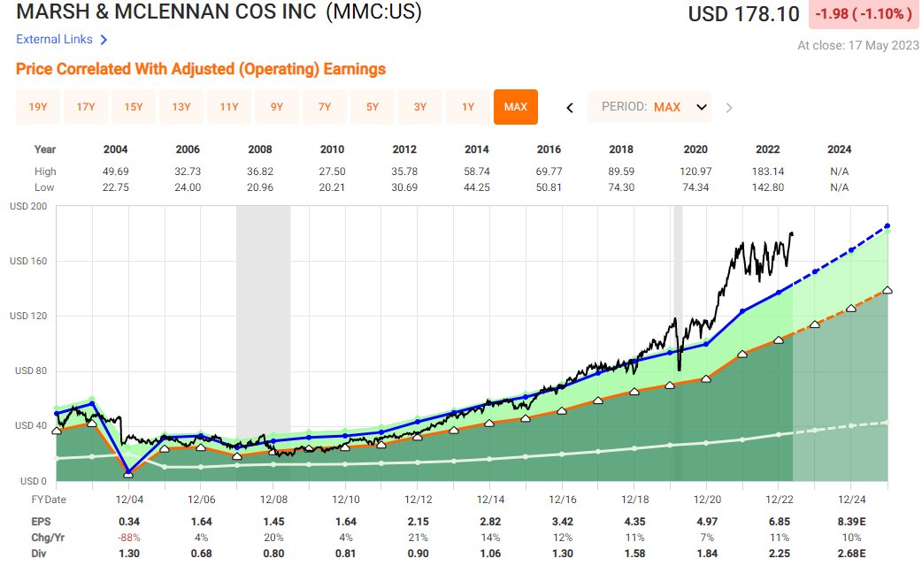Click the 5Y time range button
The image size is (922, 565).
[x=373, y=107]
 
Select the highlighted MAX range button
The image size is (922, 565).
[x=516, y=107]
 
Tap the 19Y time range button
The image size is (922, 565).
[x=38, y=107]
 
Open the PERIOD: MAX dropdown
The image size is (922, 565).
[x=654, y=107]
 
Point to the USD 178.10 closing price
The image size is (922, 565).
[x=743, y=14]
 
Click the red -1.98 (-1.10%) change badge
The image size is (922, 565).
[x=863, y=14]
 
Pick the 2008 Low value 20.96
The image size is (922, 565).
[x=260, y=187]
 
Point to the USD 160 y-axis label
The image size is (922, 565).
[x=28, y=261]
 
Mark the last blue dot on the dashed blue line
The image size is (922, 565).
[x=887, y=226]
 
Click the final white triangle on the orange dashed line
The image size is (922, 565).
[x=887, y=290]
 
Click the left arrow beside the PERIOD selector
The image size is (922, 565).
[x=570, y=108]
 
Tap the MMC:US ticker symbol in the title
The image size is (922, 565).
[x=373, y=13]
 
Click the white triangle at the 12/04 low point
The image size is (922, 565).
[x=128, y=475]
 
